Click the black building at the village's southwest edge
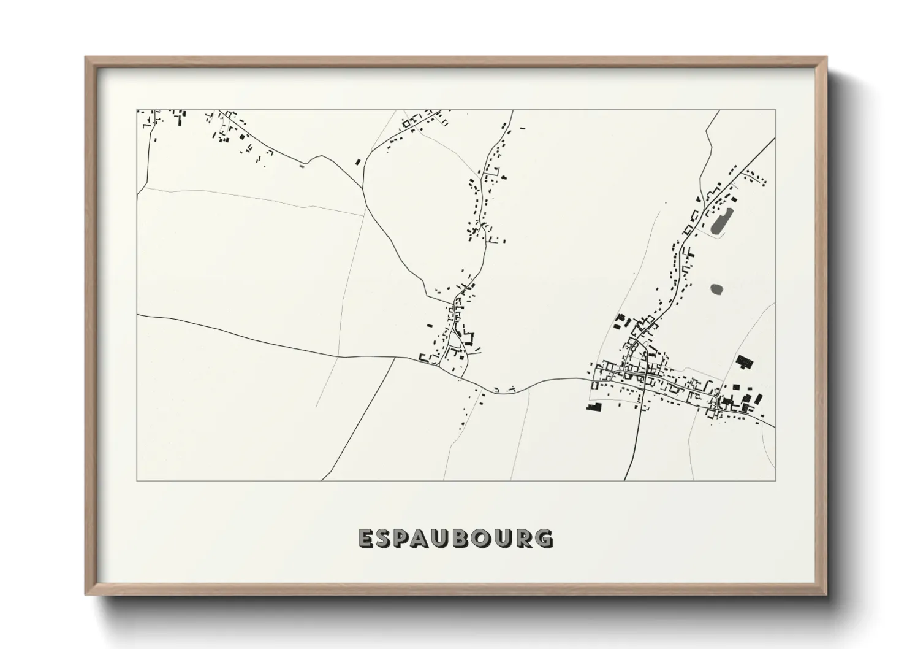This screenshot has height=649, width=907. click(594, 406)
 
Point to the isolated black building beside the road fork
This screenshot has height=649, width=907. click(358, 162)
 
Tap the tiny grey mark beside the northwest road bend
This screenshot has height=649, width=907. click(300, 165)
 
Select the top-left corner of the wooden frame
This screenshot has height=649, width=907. click(86, 58)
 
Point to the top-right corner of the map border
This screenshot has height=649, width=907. click(775, 110)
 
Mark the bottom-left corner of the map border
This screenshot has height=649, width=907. click(137, 480)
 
